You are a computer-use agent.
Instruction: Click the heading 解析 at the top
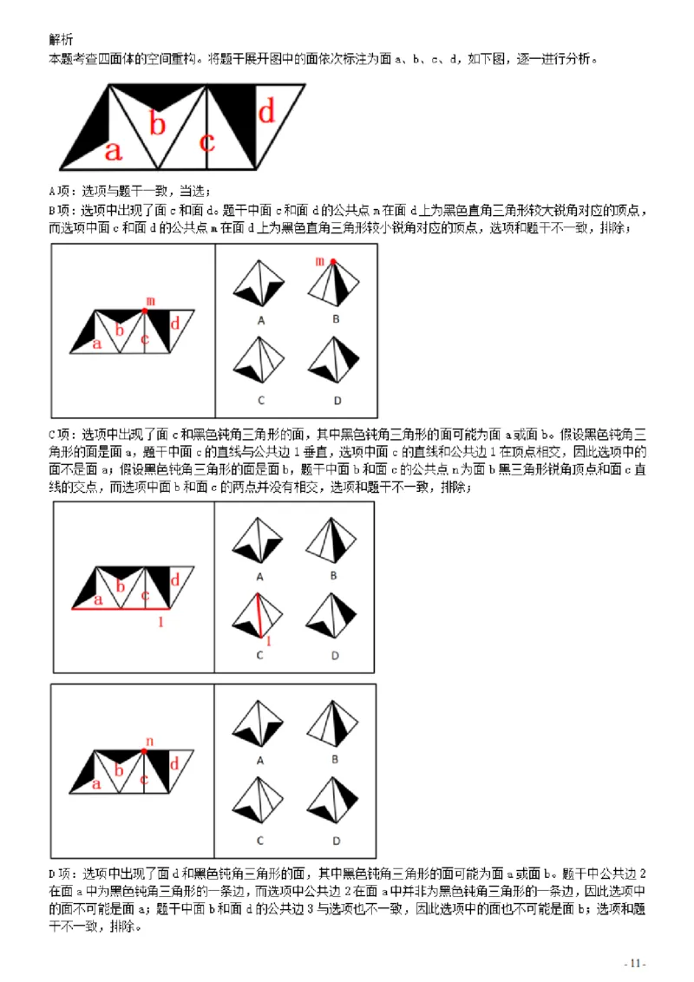point(62,39)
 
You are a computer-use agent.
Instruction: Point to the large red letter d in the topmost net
point(267,110)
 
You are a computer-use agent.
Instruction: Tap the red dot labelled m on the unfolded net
point(145,310)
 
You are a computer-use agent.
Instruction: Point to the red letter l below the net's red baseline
point(160,621)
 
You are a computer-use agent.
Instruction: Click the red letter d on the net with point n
point(173,764)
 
